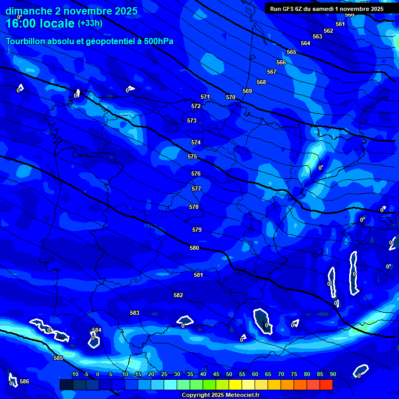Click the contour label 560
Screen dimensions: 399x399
350,15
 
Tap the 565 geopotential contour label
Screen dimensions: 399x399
291,52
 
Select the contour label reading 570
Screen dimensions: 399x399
231,97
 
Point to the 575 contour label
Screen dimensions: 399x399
192,156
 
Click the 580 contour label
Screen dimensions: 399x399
194,248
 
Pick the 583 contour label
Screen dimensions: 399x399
135,313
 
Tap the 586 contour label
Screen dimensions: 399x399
24,381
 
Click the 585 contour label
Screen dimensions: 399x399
58,358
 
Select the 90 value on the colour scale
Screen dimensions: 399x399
333,375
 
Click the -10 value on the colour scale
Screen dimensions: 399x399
74,375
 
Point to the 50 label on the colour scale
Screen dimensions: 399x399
229,375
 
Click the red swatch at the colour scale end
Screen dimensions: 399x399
326,384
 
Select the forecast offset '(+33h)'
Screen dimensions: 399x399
90,23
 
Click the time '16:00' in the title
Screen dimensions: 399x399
22,23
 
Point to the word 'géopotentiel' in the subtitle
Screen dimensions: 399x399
113,42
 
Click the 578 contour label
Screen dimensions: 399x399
194,207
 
